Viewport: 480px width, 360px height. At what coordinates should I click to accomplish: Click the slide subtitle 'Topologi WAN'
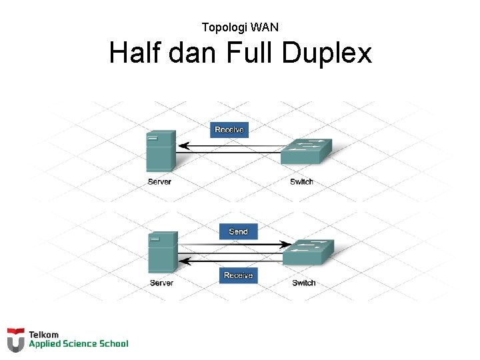(240, 27)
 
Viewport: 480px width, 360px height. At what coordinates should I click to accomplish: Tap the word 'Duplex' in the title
(327, 53)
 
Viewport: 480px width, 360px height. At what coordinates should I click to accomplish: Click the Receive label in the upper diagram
(229, 129)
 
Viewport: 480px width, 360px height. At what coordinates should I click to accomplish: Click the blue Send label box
(238, 231)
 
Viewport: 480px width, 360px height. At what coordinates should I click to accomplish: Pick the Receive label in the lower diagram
(238, 275)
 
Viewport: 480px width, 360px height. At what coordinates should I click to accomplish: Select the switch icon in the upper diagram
(305, 153)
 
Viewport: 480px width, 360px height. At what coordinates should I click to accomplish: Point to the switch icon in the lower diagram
(307, 252)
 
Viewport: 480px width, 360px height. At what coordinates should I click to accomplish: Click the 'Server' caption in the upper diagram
(159, 181)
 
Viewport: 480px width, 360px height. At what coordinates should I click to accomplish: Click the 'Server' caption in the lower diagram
(161, 283)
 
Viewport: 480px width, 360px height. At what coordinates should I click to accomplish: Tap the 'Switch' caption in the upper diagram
(301, 182)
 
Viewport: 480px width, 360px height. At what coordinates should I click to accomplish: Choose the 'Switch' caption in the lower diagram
(304, 283)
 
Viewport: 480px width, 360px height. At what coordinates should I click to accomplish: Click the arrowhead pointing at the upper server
(184, 145)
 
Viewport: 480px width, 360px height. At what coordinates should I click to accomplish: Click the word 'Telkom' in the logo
(44, 335)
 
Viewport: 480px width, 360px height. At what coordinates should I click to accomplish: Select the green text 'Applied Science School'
(78, 344)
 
